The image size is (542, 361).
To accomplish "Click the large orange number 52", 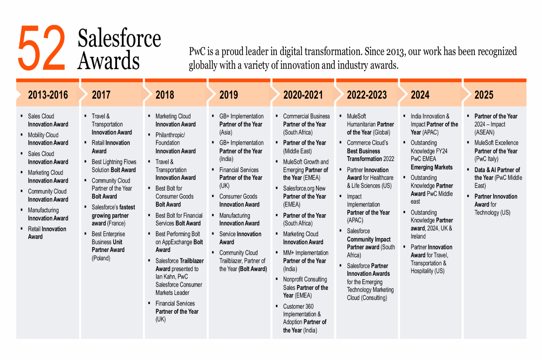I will [x=42, y=48].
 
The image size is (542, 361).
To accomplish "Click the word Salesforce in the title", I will [x=119, y=38].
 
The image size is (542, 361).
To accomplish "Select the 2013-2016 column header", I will [x=48, y=95].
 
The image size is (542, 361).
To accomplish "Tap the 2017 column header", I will [x=101, y=95].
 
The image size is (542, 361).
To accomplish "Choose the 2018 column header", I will [x=165, y=95].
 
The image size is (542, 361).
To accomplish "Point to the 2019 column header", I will [x=229, y=95].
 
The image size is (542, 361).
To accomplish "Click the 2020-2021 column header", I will [x=303, y=95].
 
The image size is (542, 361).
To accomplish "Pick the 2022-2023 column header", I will [x=367, y=95].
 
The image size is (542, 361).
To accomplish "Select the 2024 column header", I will [x=420, y=95].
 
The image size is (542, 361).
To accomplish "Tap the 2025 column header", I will [x=484, y=95].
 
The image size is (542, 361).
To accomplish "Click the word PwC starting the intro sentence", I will [x=197, y=52].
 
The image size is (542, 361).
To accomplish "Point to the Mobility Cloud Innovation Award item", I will [x=48, y=139].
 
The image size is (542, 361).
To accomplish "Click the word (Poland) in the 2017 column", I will [x=101, y=258].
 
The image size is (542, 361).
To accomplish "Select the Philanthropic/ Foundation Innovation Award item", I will [x=175, y=143].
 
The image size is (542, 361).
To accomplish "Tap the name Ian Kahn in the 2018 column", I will [x=165, y=277].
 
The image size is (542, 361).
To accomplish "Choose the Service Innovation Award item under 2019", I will [x=240, y=238].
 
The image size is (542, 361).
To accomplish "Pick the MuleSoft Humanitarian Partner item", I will [x=370, y=124].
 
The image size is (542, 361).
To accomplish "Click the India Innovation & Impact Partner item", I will [x=434, y=124].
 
